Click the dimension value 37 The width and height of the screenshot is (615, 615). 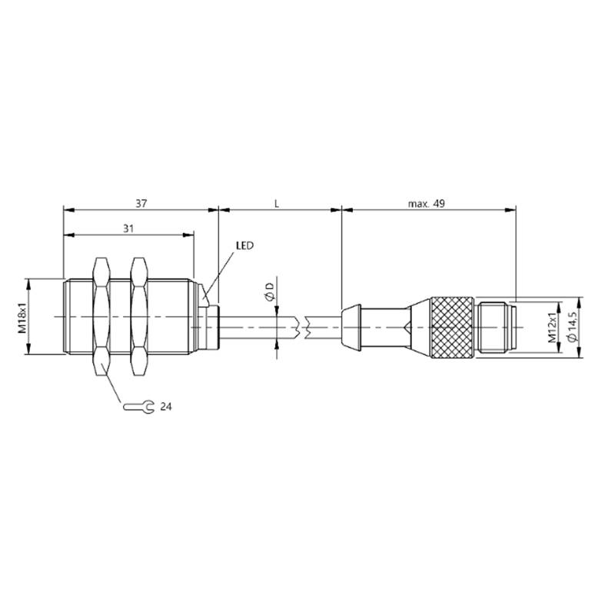pyautogui.click(x=141, y=204)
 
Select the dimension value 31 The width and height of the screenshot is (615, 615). pyautogui.click(x=128, y=228)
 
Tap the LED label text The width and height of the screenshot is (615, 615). pyautogui.click(x=244, y=245)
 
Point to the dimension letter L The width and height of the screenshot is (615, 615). pyautogui.click(x=277, y=204)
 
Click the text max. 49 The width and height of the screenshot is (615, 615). pyautogui.click(x=427, y=204)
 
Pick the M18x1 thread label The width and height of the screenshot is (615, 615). pyautogui.click(x=23, y=317)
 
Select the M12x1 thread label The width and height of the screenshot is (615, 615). pyautogui.click(x=552, y=327)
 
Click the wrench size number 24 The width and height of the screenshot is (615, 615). pyautogui.click(x=166, y=407)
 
